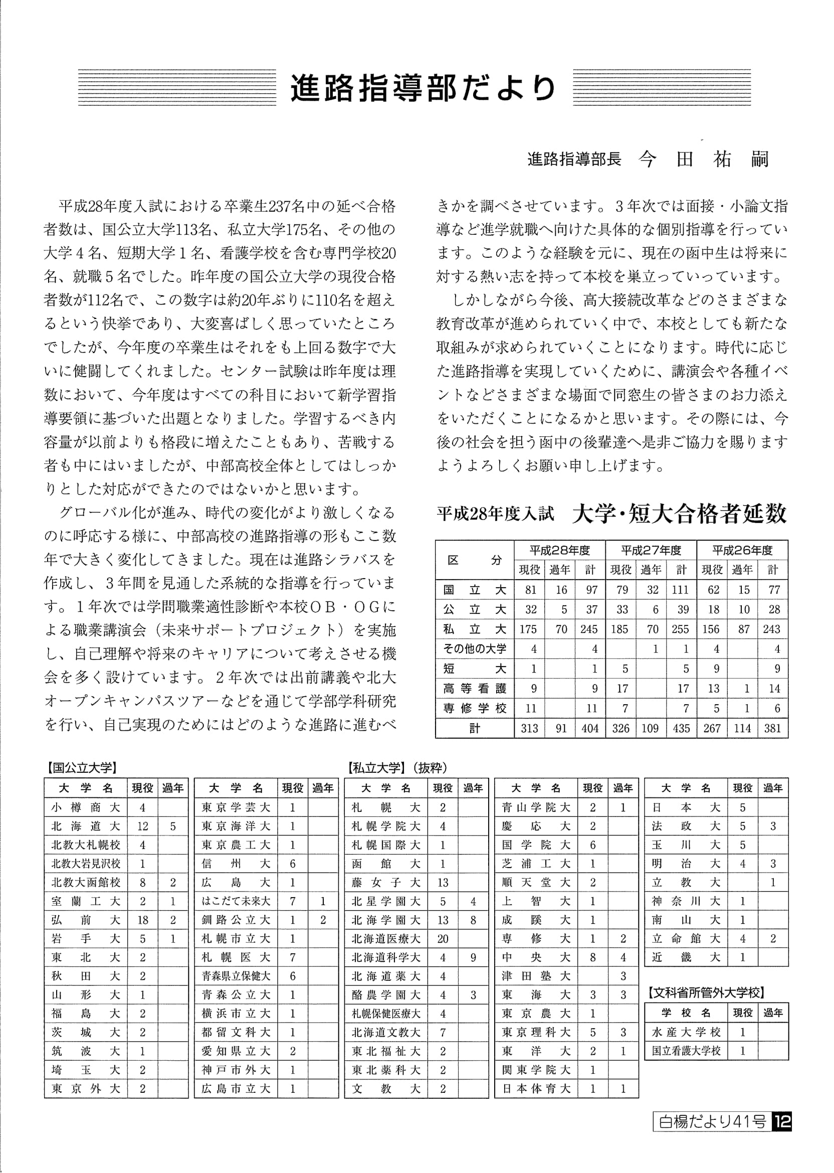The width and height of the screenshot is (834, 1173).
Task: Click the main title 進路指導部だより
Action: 423,88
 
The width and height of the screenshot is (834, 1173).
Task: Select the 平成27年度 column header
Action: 651,550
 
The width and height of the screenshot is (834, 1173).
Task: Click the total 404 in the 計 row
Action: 590,728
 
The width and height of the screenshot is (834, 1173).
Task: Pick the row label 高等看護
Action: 475,689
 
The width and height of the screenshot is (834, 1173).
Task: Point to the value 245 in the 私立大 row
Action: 589,629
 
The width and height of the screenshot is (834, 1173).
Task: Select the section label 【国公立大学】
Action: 81,768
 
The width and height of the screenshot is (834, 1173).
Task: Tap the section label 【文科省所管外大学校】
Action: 706,992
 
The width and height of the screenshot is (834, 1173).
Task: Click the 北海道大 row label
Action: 85,826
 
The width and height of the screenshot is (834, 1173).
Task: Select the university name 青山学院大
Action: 536,808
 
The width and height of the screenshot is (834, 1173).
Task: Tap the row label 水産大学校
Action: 686,1032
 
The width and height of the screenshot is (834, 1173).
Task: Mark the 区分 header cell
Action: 475,560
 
